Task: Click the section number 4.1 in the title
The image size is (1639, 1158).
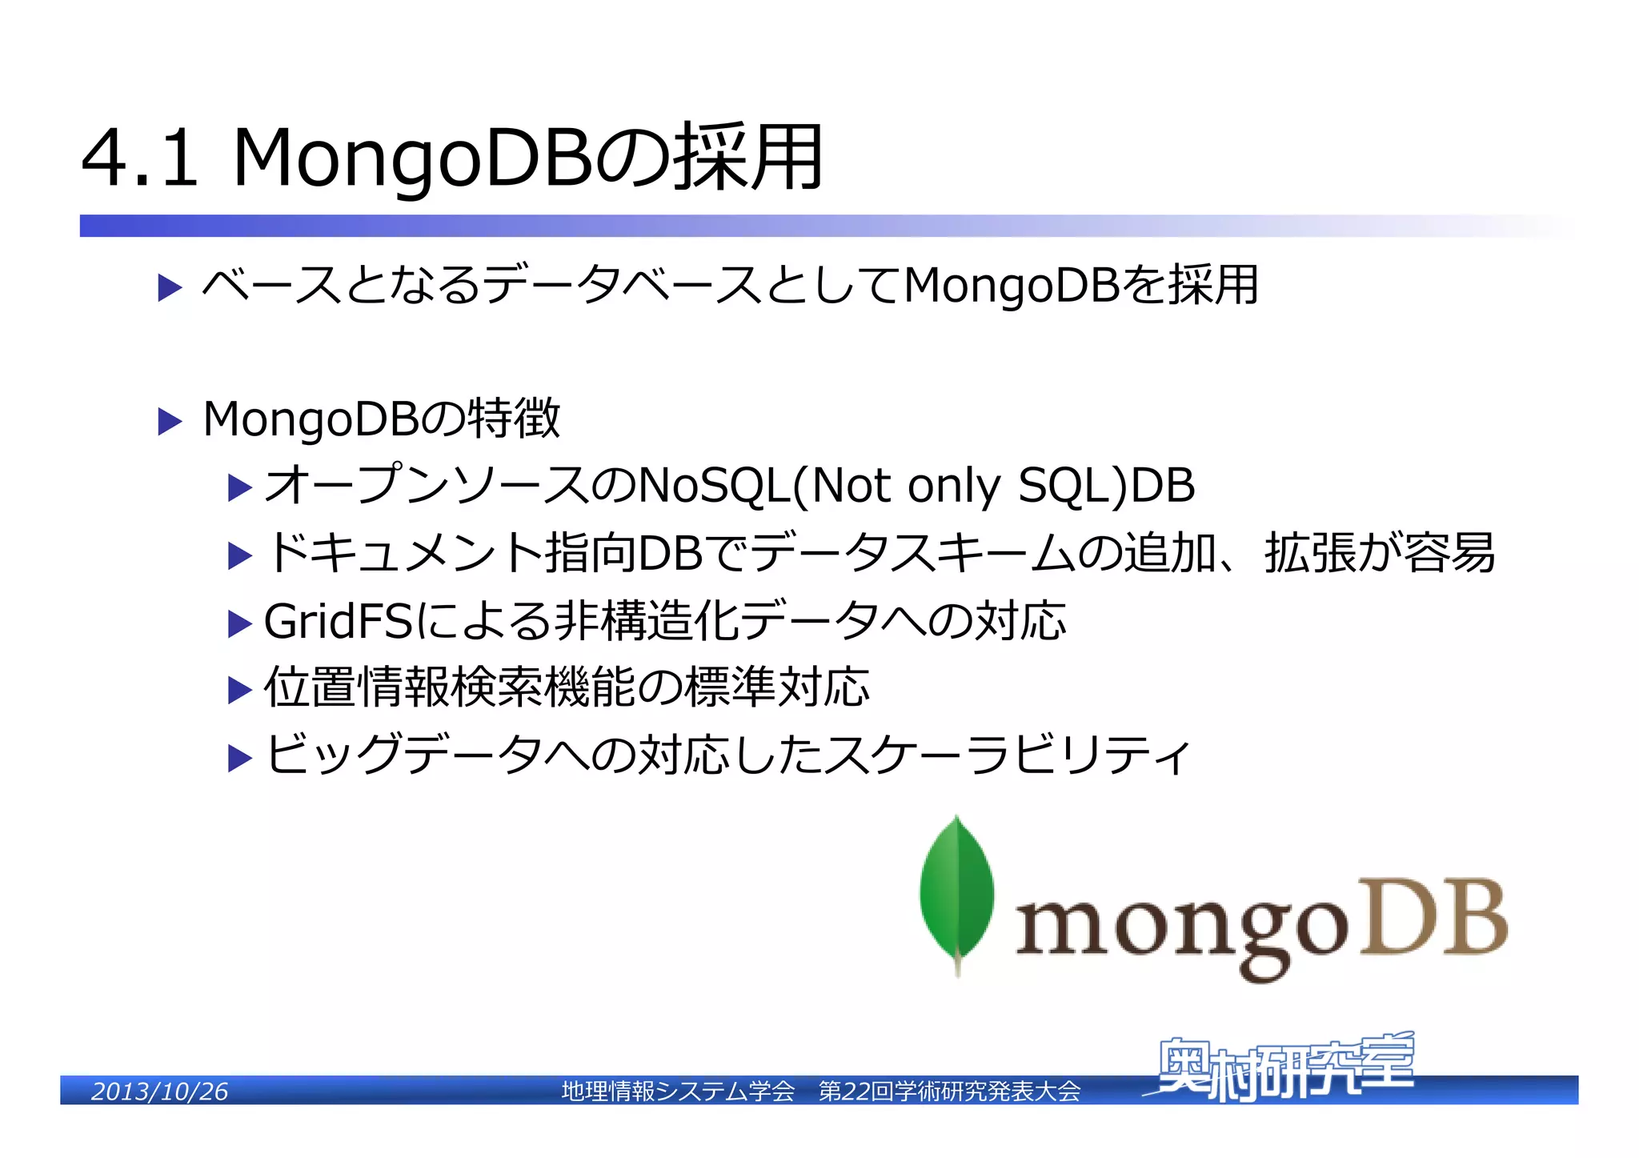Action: (x=139, y=158)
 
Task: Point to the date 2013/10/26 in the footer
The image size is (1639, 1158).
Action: (x=159, y=1091)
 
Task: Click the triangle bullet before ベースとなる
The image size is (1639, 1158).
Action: (x=170, y=287)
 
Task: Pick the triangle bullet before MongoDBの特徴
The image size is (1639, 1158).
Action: (x=170, y=421)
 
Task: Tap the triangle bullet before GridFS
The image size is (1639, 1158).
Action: (x=239, y=623)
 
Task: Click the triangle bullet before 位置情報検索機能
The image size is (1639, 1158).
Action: (x=239, y=690)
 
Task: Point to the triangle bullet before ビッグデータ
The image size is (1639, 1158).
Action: (x=239, y=757)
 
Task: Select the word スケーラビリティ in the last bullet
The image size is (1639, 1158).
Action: (x=1008, y=755)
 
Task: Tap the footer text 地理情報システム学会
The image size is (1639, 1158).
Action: (x=678, y=1091)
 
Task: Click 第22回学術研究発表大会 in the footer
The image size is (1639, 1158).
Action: (x=949, y=1091)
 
